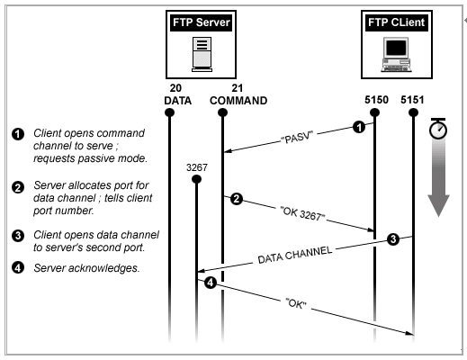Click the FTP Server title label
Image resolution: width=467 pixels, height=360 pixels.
(201, 22)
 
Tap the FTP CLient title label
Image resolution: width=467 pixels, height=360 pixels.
(396, 22)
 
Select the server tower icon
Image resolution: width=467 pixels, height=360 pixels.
(202, 54)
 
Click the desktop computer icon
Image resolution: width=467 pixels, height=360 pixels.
(396, 55)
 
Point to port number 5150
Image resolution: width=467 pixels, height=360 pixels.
(376, 100)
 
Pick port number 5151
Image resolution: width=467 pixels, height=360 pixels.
(412, 100)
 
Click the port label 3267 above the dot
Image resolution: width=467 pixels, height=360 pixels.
(197, 167)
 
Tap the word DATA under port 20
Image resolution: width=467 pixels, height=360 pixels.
(177, 101)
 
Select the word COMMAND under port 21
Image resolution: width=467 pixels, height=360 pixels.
(238, 101)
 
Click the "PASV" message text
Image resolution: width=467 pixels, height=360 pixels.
(297, 137)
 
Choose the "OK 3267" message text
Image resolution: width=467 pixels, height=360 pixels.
(302, 213)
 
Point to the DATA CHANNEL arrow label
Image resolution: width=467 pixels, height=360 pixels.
(295, 255)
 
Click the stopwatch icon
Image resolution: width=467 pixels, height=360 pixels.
(438, 129)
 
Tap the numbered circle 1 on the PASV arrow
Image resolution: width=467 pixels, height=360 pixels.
(359, 127)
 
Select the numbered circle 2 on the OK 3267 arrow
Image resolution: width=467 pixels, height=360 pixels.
(237, 199)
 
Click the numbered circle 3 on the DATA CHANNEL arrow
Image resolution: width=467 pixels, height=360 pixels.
(393, 239)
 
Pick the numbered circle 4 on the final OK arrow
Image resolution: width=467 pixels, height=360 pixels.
(211, 283)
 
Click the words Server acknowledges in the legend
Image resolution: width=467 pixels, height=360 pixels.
(86, 268)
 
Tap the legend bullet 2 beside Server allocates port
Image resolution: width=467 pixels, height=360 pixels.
(18, 187)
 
